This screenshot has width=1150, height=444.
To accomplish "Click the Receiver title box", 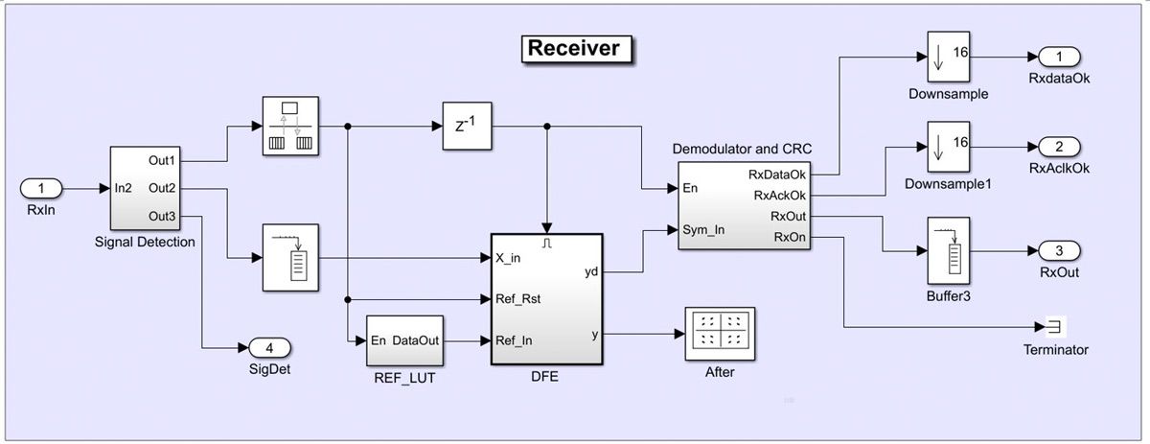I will tap(576, 48).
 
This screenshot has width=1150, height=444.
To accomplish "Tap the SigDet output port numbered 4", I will tap(269, 348).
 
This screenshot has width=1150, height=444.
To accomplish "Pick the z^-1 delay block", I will tap(467, 125).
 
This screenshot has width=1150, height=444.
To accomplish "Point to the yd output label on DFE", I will tap(591, 272).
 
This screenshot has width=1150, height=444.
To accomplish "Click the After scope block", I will tap(720, 333).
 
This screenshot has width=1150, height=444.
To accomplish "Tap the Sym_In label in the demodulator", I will tap(703, 230).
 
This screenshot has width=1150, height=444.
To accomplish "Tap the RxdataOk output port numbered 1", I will tap(1060, 56).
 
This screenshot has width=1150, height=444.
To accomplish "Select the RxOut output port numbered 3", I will tap(1060, 251).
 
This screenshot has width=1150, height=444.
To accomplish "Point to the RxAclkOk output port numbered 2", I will tap(1060, 147).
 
